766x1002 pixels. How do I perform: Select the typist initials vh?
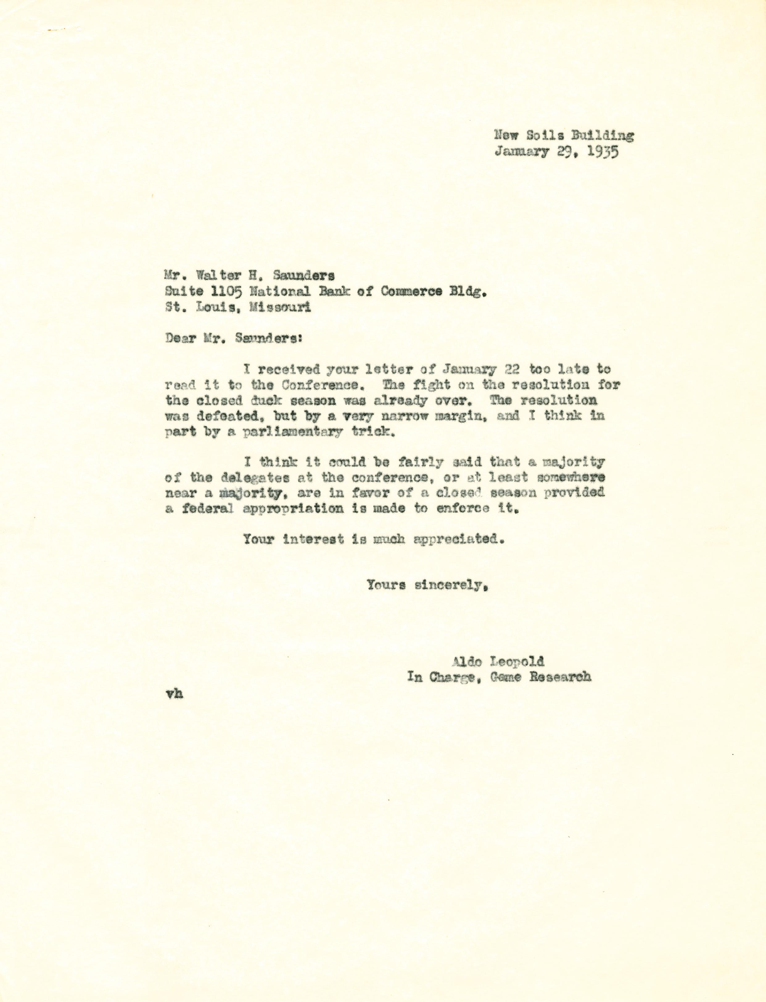pos(175,694)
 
